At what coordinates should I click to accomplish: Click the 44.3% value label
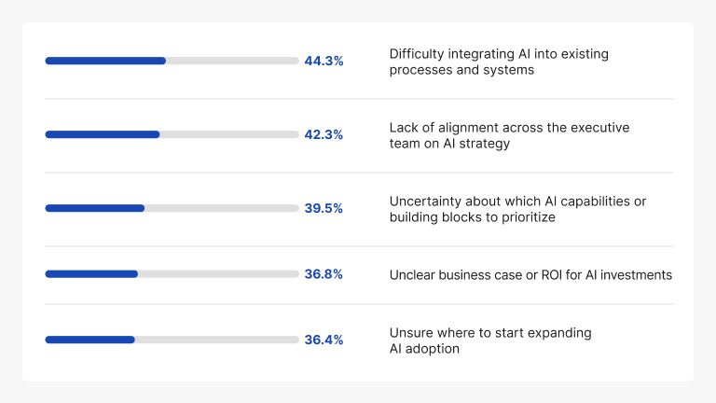tap(324, 61)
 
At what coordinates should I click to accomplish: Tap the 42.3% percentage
tap(324, 134)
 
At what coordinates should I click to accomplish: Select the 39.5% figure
tap(324, 208)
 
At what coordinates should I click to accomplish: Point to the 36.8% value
tap(324, 274)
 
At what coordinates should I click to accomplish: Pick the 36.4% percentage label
tap(324, 340)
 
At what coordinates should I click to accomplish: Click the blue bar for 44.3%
tap(105, 61)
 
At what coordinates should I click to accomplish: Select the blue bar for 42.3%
tap(103, 134)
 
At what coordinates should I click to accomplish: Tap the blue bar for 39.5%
tap(95, 208)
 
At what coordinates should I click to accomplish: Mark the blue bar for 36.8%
tap(91, 274)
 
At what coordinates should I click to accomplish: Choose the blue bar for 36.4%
tap(90, 340)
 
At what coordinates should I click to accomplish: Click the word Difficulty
tap(419, 54)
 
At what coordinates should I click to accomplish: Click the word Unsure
tap(410, 333)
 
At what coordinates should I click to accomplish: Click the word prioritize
tap(526, 217)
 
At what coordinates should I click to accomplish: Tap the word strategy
tap(485, 144)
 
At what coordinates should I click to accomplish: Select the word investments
tap(636, 275)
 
